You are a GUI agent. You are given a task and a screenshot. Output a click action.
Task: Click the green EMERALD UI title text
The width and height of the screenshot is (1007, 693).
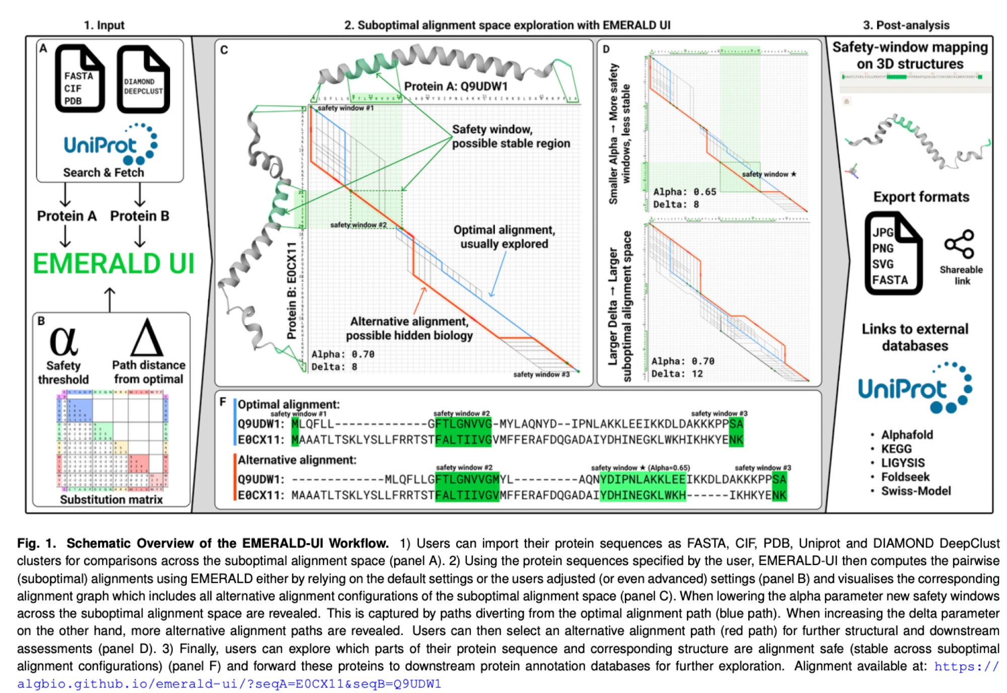(113, 264)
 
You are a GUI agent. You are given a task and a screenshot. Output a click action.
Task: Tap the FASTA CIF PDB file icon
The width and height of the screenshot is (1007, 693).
(80, 79)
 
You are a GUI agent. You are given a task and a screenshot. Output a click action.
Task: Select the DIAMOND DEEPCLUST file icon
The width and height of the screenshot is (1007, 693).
(143, 80)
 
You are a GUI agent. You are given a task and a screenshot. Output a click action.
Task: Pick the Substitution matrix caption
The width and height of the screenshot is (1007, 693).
(111, 499)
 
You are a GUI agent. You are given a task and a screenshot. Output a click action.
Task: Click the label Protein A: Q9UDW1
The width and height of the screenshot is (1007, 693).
(456, 86)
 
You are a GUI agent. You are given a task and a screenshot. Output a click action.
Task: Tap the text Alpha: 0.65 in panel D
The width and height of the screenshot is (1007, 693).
(684, 192)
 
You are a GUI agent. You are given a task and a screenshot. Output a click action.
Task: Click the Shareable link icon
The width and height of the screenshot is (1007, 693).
(959, 245)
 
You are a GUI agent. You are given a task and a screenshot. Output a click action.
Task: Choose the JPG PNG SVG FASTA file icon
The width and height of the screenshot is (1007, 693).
(893, 254)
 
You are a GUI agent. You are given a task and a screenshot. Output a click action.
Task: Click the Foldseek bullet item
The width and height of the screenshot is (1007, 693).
(905, 477)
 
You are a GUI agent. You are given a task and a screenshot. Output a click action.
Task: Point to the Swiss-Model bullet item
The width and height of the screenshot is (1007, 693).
(915, 491)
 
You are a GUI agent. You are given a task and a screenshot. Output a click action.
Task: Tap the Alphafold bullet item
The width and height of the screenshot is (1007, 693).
(907, 434)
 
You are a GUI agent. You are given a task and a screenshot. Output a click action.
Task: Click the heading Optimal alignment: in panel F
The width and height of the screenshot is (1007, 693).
(289, 404)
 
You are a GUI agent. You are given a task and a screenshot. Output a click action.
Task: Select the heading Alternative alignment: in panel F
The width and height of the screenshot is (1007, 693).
(297, 459)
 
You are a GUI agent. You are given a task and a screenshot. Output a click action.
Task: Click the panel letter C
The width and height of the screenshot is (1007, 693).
(224, 50)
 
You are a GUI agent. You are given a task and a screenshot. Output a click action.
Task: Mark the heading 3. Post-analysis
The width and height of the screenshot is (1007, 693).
(906, 25)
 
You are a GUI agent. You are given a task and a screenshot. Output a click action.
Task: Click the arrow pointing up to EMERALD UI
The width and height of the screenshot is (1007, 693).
(110, 299)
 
